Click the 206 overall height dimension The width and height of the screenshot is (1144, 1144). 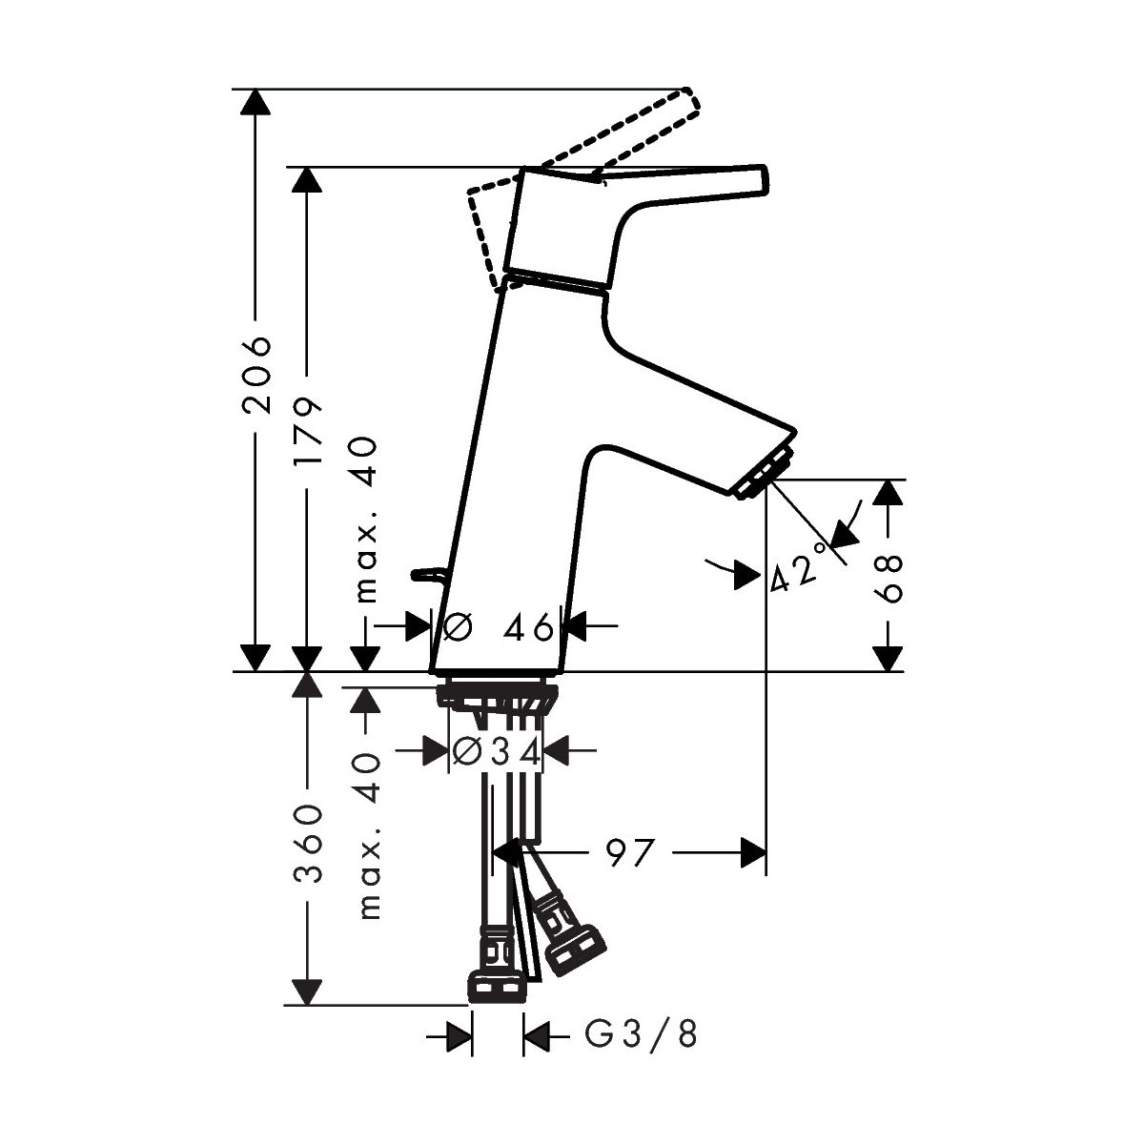(x=257, y=375)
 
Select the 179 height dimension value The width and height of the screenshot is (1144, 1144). (x=308, y=424)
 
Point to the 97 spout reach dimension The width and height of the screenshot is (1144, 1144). (x=629, y=853)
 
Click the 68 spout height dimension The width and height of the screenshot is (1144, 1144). (x=889, y=578)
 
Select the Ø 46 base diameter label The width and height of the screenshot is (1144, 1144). (x=498, y=627)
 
